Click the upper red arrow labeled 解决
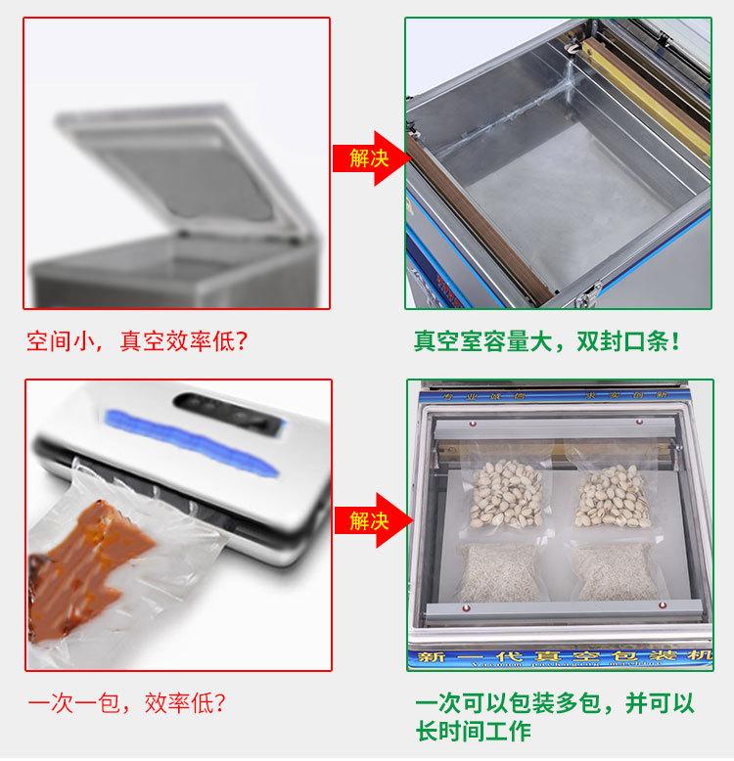(x=364, y=157)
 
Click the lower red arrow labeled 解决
(x=364, y=519)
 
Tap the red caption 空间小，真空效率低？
(x=137, y=342)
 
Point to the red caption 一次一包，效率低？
(x=126, y=703)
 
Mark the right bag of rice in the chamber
(x=615, y=572)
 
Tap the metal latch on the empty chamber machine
(x=592, y=291)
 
